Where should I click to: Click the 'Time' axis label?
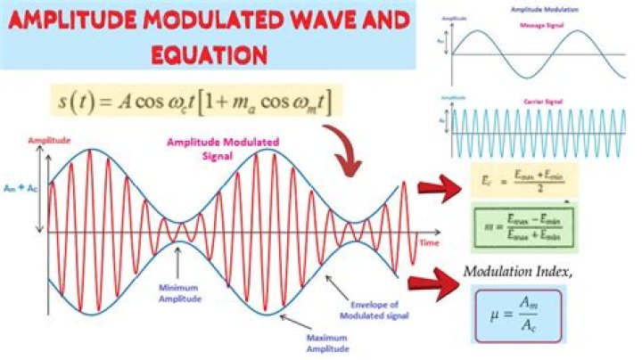coord(429,242)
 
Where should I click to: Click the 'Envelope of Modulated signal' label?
coord(368,309)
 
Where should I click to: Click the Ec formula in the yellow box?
coord(526,180)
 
